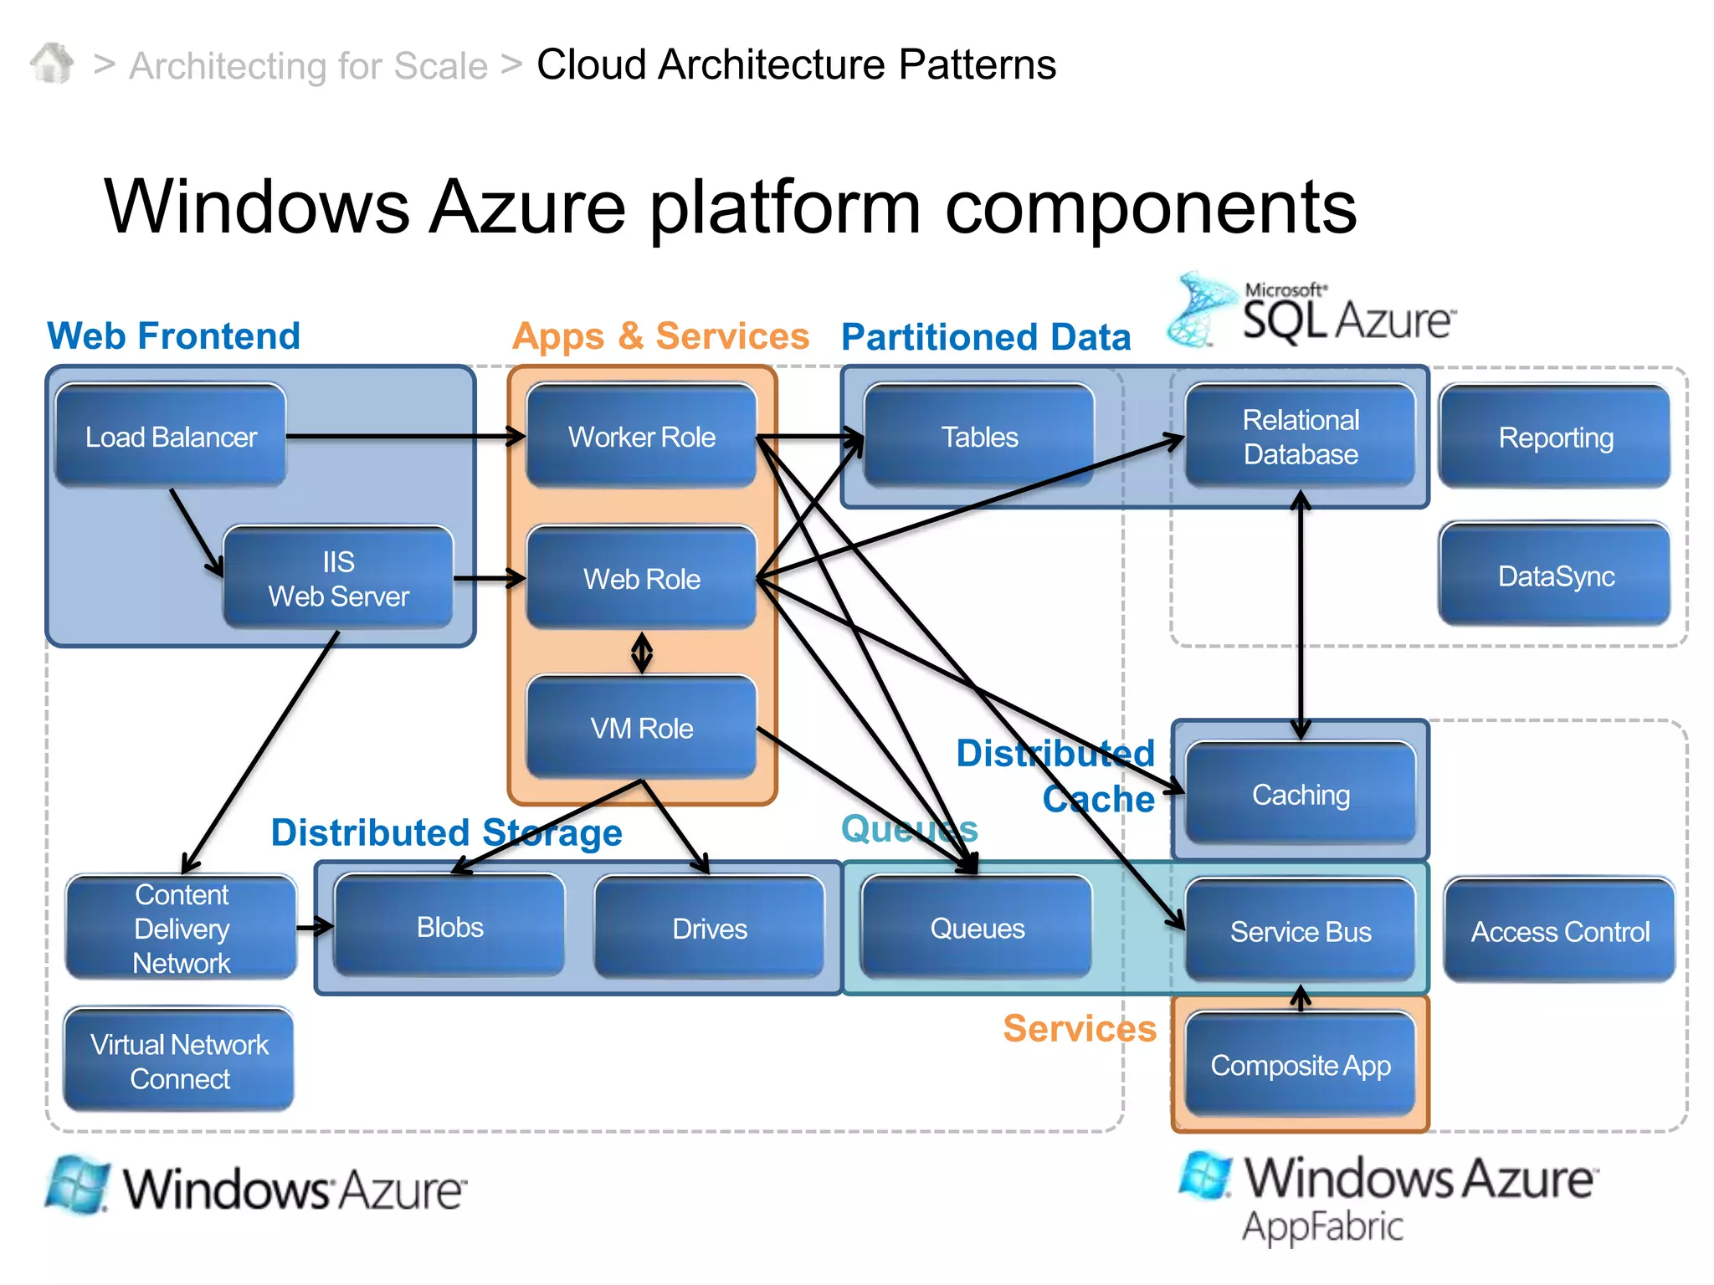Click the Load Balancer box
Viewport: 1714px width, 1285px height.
click(171, 436)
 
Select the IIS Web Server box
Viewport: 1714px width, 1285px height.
click(338, 578)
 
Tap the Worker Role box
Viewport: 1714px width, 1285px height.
click(641, 436)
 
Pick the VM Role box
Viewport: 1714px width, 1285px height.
click(641, 728)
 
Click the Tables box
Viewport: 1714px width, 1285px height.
click(978, 436)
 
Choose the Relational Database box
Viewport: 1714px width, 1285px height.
click(1300, 436)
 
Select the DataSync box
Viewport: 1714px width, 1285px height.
click(1555, 576)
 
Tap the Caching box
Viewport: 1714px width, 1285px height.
click(1300, 794)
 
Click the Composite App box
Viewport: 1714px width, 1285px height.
click(1300, 1065)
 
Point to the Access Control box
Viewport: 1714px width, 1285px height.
click(1559, 930)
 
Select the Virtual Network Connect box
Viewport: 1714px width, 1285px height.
click(179, 1061)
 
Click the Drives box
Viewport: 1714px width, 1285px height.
click(709, 928)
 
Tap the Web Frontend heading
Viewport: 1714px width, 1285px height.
click(173, 335)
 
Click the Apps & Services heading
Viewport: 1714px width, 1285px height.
click(660, 335)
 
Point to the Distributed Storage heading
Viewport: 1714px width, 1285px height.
click(446, 832)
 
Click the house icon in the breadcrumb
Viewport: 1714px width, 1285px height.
click(52, 64)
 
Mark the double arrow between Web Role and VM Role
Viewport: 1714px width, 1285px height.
click(642, 653)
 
